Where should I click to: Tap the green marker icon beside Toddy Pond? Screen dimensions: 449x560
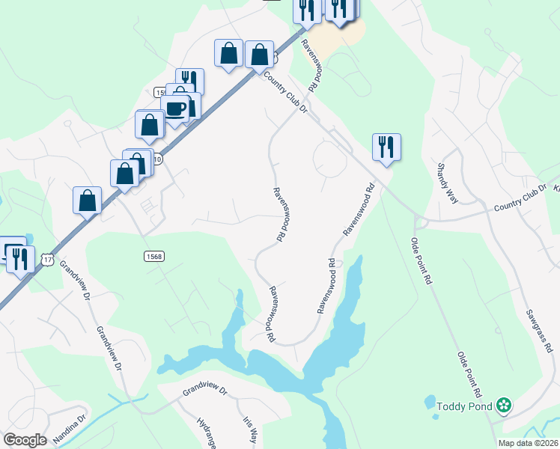pos(504,406)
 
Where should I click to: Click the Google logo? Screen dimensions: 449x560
pos(25,440)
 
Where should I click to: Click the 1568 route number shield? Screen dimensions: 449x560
pos(153,256)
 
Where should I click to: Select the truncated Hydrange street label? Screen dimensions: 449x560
pos(207,433)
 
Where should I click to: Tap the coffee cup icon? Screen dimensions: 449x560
pos(175,109)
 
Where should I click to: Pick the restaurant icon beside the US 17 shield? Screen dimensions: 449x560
pos(19,257)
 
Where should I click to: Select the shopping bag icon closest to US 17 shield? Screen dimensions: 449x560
pos(88,201)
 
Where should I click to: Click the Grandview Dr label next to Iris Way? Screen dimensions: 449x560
pos(204,390)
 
